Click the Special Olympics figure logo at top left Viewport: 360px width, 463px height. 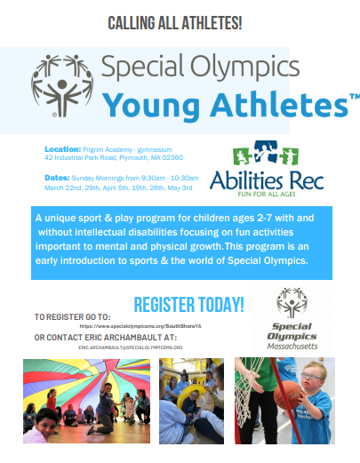(x=61, y=85)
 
